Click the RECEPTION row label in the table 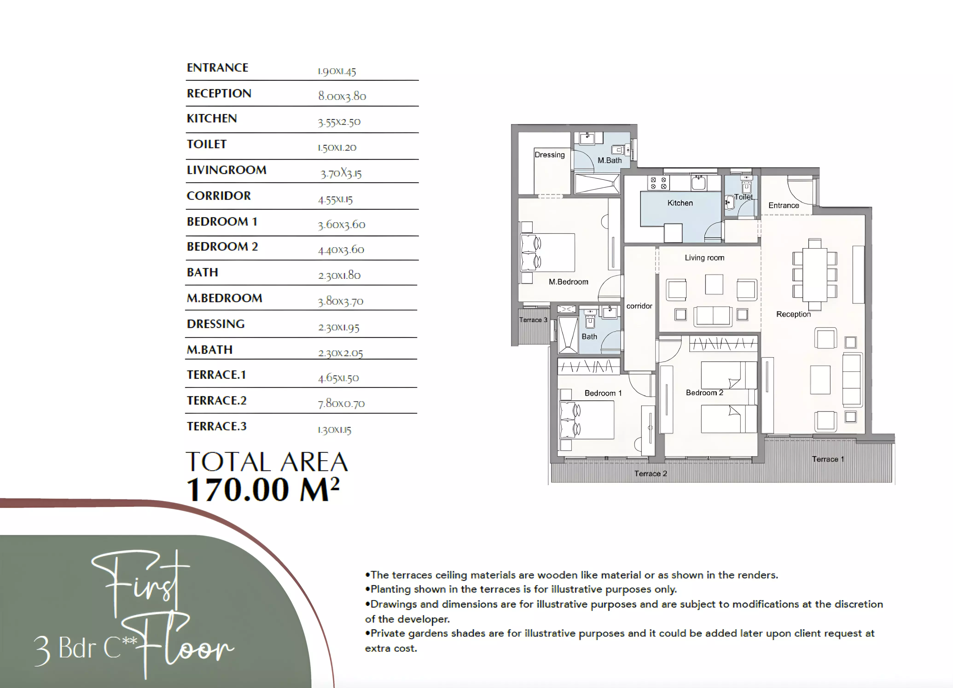(x=219, y=93)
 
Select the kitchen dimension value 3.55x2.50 (x=339, y=122)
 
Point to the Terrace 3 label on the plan (x=533, y=320)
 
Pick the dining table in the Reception (x=815, y=274)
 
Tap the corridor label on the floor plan (x=639, y=306)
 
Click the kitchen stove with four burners (x=658, y=183)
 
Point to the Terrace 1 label (x=828, y=459)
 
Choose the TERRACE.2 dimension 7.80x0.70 (x=341, y=403)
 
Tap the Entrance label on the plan (x=784, y=206)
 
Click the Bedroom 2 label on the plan (x=705, y=393)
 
